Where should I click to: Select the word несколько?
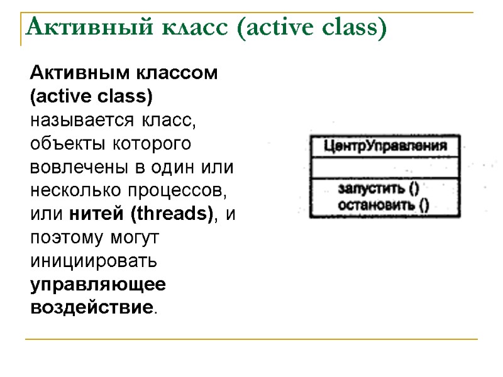click(70, 191)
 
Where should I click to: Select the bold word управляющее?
click(98, 285)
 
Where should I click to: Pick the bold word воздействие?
click(91, 308)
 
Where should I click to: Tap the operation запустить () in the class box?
click(379, 188)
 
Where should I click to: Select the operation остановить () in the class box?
click(383, 204)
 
